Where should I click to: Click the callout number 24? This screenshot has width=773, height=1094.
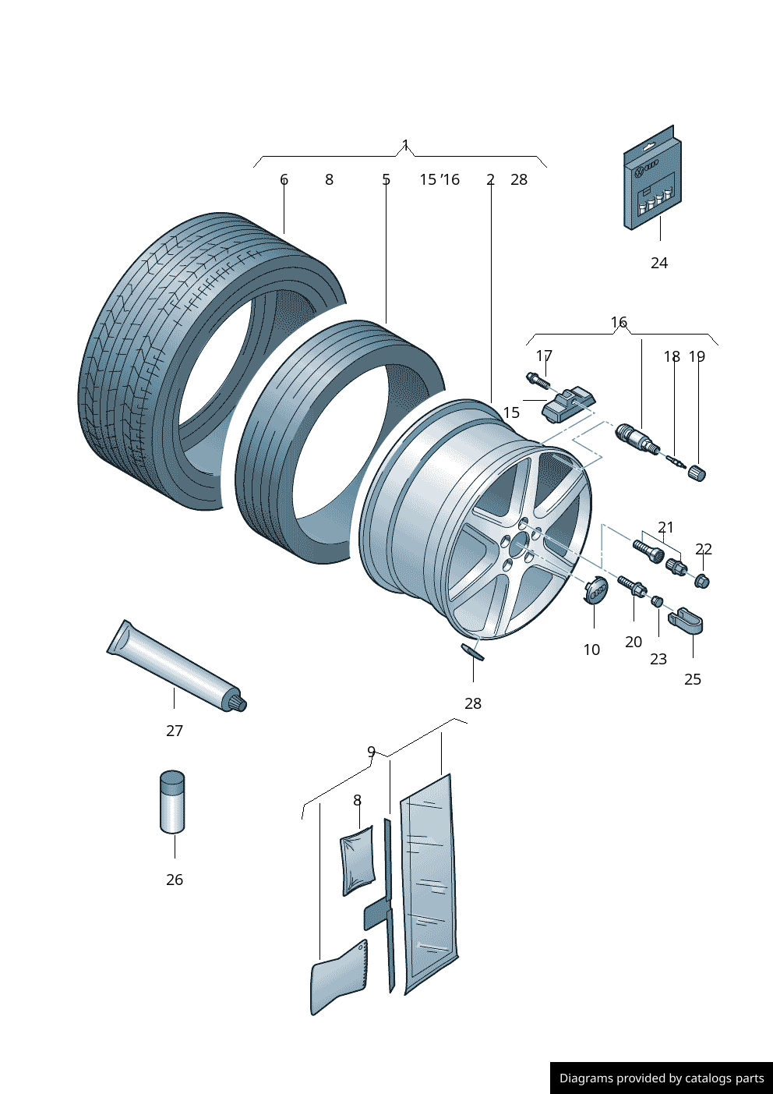tap(659, 263)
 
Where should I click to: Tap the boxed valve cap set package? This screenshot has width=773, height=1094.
tap(652, 179)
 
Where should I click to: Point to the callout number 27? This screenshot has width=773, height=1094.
tap(175, 731)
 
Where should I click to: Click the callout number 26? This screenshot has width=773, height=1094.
tap(175, 880)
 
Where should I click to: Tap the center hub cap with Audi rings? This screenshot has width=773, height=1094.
tap(596, 591)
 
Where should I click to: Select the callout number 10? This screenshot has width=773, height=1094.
tap(591, 650)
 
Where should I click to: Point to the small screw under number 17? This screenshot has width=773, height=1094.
tap(538, 381)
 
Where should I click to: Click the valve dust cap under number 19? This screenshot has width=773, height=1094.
tap(696, 473)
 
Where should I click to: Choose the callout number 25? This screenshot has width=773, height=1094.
tap(693, 679)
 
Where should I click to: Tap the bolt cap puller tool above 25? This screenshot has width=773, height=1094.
tap(686, 621)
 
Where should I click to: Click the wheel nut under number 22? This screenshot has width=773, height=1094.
tap(701, 580)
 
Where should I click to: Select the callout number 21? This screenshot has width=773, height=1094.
tap(665, 528)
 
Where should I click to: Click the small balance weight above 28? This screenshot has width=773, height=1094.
tap(472, 652)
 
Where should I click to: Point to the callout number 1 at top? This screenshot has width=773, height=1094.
tap(405, 145)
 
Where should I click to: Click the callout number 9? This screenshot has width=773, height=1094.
tap(372, 752)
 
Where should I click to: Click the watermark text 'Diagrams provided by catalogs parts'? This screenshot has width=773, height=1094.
tap(662, 1078)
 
